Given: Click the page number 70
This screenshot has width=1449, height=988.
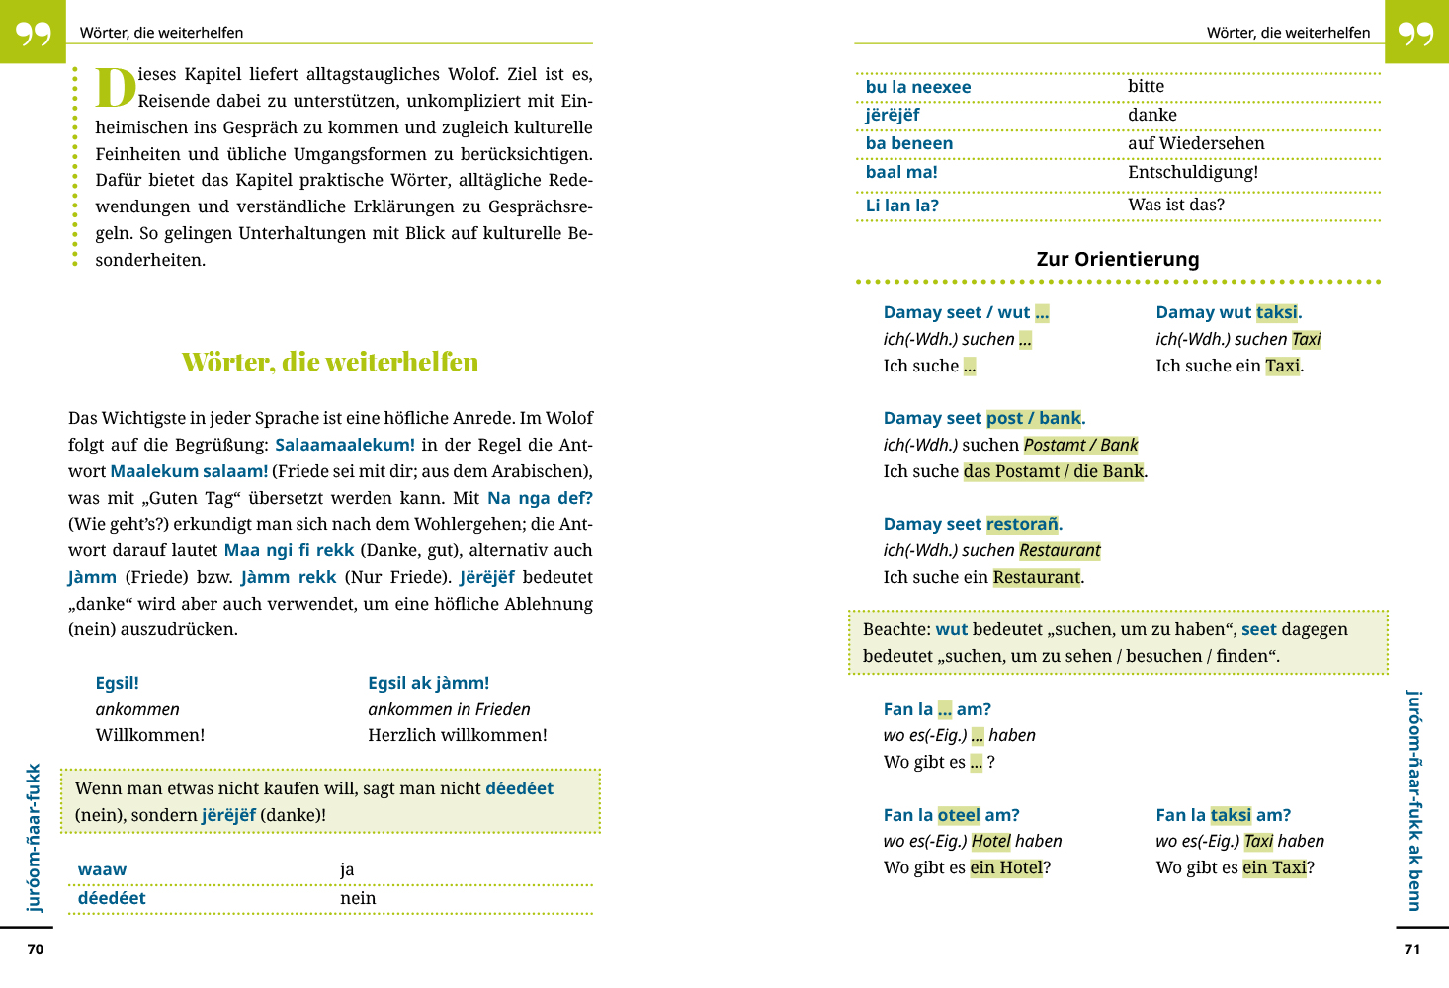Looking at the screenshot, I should click(36, 949).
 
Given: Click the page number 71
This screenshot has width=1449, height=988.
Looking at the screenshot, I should click(1412, 949).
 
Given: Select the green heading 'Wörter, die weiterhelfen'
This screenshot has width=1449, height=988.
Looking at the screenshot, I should click(330, 363).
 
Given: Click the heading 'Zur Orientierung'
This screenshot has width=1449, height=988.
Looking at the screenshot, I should click(1118, 259).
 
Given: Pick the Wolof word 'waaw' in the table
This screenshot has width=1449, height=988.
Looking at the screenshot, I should click(103, 869).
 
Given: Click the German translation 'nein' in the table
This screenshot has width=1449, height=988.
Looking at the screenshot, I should click(358, 898).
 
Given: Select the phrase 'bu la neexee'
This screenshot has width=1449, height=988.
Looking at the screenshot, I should click(918, 87).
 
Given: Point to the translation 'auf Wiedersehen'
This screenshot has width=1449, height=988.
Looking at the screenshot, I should click(1196, 143).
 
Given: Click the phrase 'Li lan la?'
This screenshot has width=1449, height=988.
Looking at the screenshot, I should click(902, 206).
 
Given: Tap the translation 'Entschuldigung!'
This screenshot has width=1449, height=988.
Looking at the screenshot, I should click(1193, 172).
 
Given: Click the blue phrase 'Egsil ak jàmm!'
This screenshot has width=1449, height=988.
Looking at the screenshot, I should click(428, 683).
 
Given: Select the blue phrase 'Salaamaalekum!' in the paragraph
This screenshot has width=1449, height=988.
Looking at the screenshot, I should click(345, 445).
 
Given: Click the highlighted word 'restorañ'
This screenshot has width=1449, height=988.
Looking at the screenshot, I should click(1022, 524).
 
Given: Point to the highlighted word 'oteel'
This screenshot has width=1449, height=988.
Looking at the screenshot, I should click(959, 815).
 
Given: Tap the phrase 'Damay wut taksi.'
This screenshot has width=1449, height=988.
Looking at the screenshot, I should click(1229, 312).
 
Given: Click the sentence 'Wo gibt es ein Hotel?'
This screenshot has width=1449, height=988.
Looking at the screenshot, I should click(967, 867).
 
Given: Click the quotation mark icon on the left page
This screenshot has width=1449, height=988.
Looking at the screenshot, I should click(33, 33).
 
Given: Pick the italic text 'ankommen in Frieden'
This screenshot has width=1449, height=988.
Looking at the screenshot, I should click(449, 709).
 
